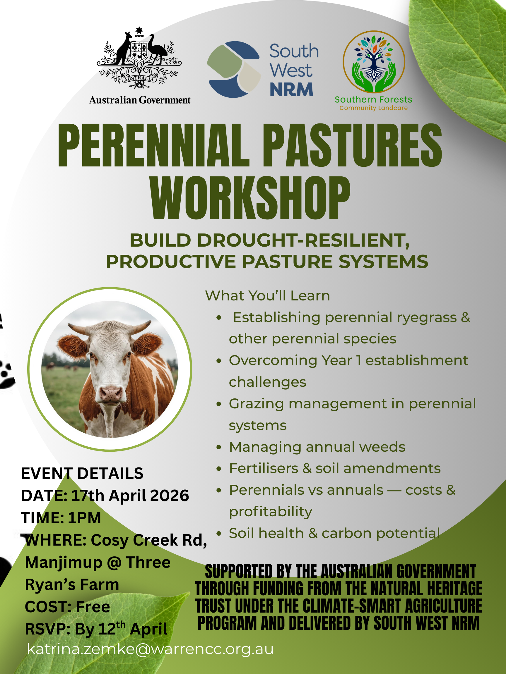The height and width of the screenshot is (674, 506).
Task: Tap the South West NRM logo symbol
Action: click(x=234, y=69)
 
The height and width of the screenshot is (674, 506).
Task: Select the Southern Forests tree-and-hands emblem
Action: click(x=374, y=62)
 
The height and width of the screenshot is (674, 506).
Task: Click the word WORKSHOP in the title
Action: click(x=250, y=198)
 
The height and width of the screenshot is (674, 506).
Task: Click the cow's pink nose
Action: click(x=111, y=394)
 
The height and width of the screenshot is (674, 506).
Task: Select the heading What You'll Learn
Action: click(x=267, y=295)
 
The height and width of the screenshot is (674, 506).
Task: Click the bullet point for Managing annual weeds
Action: click(x=219, y=447)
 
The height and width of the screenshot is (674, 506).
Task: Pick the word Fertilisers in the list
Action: click(x=264, y=468)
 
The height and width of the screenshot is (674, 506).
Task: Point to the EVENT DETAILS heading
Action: click(x=82, y=473)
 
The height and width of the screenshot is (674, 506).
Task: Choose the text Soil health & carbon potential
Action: click(x=334, y=533)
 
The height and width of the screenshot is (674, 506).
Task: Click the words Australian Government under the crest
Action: click(x=140, y=100)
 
